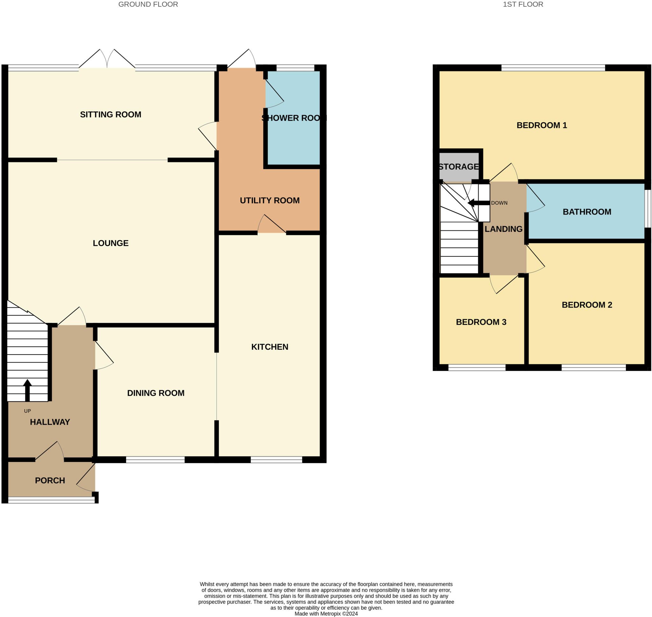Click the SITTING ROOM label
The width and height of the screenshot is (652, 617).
pos(110,115)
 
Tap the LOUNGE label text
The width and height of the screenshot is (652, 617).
pos(110,243)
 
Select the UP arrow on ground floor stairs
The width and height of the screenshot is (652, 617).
pos(28,390)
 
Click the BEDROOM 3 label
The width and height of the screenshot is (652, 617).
pos(481,322)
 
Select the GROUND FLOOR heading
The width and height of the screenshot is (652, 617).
pos(148,4)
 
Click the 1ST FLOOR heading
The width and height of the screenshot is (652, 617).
pos(523,4)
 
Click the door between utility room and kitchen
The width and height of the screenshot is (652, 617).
pos(272,225)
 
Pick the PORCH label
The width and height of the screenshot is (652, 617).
pos(50,480)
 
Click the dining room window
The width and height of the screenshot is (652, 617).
pos(155,460)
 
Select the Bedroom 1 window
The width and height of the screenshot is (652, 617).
pos(553,68)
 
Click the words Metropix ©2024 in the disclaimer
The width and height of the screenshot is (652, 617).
pos(339,614)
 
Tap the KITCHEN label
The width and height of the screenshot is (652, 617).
pos(270,347)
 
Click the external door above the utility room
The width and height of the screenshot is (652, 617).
pos(242,59)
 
